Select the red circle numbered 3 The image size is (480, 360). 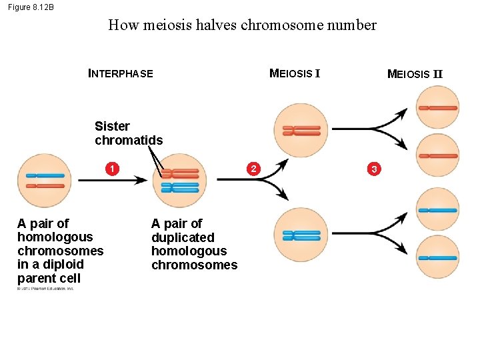(x=374, y=169)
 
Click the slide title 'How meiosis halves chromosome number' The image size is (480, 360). (x=242, y=26)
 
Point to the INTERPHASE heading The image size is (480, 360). (x=121, y=74)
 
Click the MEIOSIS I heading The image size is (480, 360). (x=295, y=73)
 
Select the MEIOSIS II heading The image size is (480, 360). (x=415, y=74)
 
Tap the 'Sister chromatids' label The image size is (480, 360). (x=128, y=133)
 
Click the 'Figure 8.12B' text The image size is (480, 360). (x=31, y=7)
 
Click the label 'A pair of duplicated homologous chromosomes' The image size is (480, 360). (x=193, y=244)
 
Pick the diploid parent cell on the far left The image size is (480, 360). (x=45, y=181)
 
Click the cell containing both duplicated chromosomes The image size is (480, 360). (x=179, y=181)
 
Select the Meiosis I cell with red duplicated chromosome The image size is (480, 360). (x=301, y=130)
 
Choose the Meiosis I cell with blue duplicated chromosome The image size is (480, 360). (x=301, y=235)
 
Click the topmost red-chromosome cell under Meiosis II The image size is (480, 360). (x=437, y=107)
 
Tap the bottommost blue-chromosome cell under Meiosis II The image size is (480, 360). (x=437, y=257)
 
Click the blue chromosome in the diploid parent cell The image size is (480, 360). (x=45, y=175)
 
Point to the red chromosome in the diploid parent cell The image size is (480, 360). (x=45, y=186)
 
